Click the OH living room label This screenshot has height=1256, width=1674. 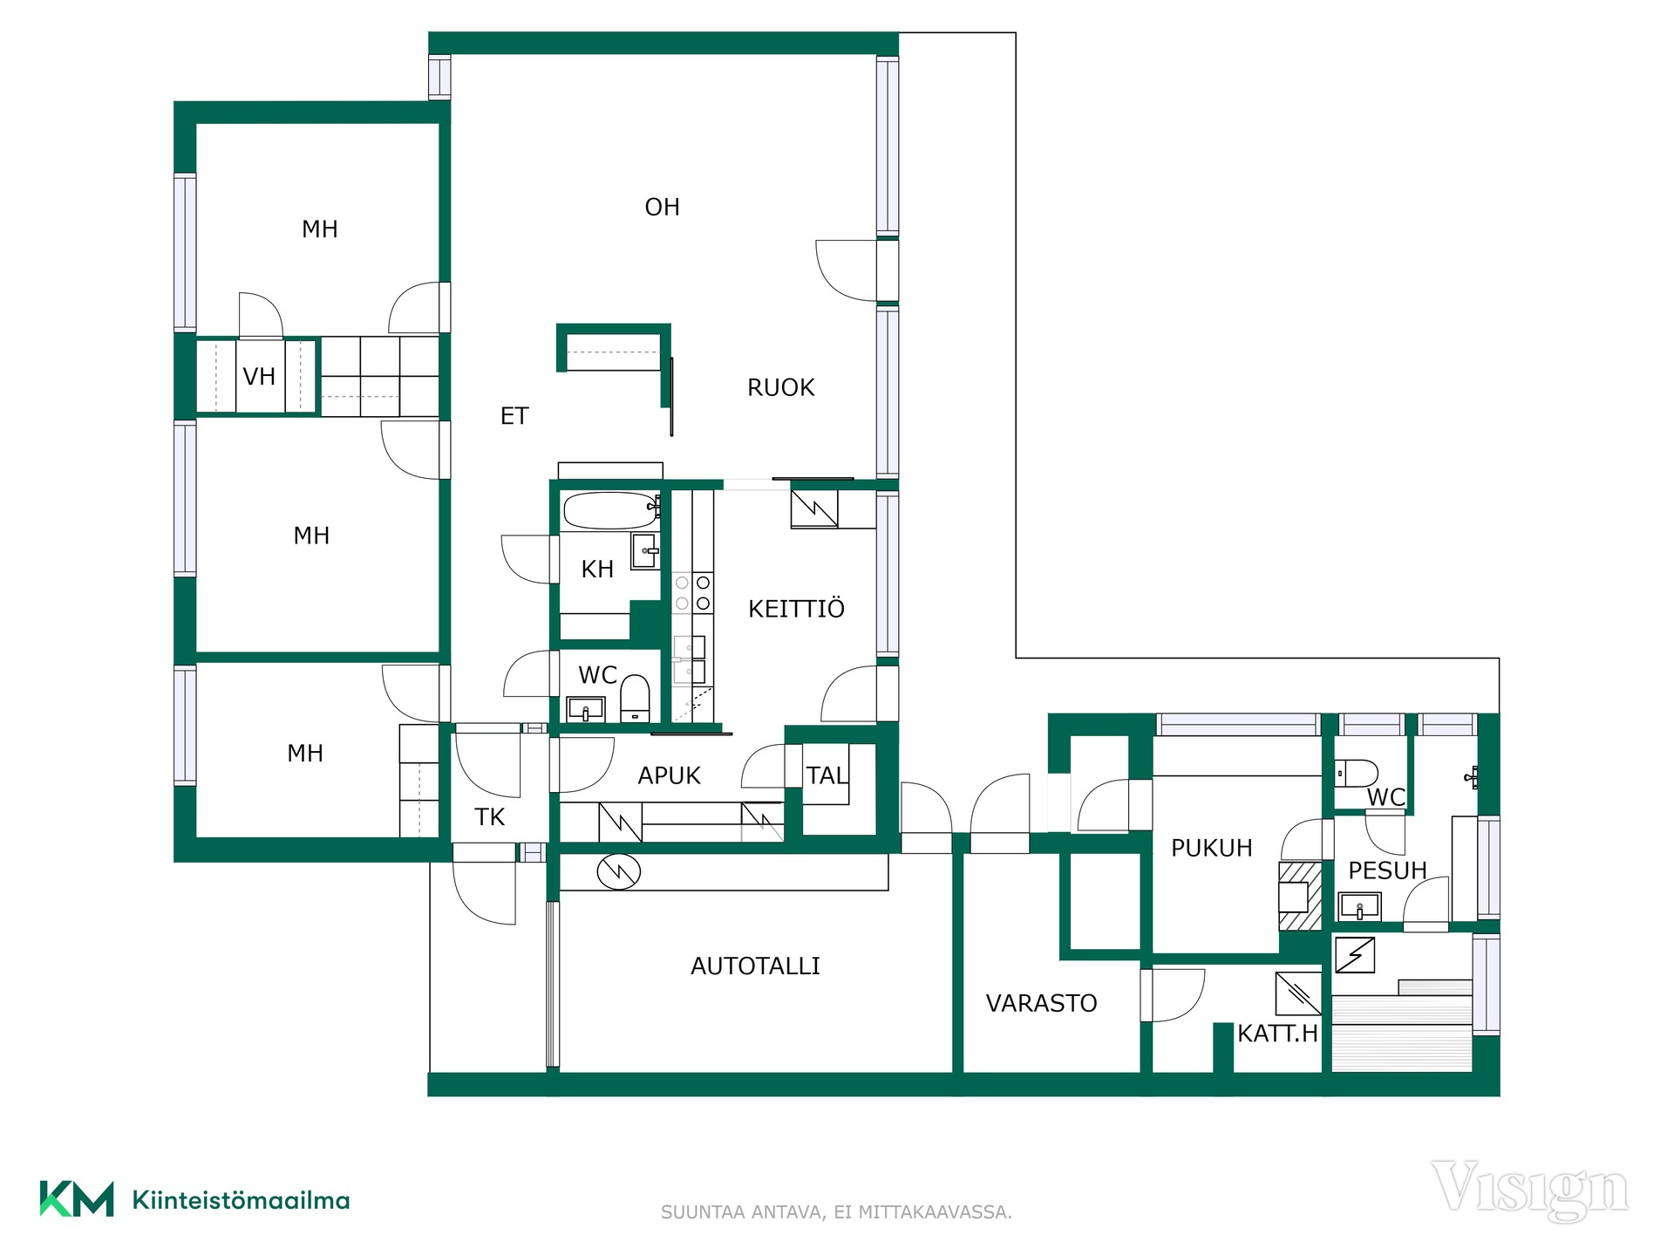point(662,208)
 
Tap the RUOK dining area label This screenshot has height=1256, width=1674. point(780,388)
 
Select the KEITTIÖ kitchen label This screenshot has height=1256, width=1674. point(796,608)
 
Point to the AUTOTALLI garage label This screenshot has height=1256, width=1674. point(755,966)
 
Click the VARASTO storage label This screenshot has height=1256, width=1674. point(1041,1004)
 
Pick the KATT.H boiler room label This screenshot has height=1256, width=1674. point(1277,1034)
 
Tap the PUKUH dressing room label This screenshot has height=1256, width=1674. point(1211,848)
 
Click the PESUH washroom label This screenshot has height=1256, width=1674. point(1387,870)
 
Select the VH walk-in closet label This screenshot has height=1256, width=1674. point(259,377)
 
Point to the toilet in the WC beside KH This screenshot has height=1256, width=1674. point(635,698)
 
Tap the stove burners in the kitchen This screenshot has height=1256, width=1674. point(692,593)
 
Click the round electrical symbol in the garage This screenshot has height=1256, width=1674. point(619,870)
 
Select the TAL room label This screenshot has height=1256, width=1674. point(826,775)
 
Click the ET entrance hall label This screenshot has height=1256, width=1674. point(514,417)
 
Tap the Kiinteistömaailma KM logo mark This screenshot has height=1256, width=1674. point(77,1199)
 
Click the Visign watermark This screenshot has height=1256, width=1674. point(1529,1190)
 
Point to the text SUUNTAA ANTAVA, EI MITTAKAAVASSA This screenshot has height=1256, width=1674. point(836,1212)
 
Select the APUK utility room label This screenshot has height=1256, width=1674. point(669,776)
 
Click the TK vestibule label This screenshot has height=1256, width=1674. point(489,817)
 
